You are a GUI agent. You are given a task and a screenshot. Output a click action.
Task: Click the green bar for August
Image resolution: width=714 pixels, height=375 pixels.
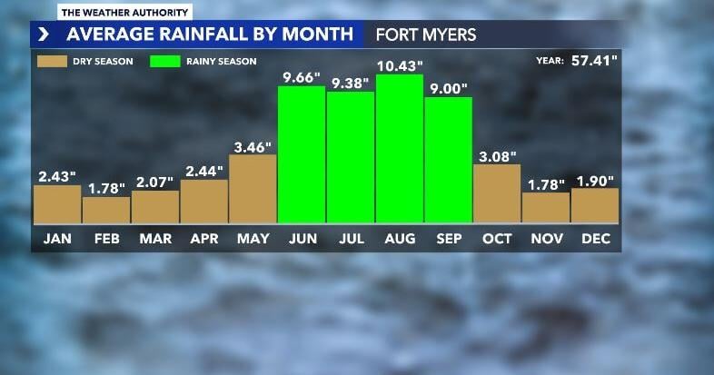(x=399, y=149)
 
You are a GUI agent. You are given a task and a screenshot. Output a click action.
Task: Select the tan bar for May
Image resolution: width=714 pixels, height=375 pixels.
(x=253, y=189)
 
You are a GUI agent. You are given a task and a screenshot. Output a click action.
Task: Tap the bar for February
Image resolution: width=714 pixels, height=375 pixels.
(x=105, y=210)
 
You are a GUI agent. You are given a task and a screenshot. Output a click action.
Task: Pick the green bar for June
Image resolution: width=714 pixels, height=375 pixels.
(x=301, y=154)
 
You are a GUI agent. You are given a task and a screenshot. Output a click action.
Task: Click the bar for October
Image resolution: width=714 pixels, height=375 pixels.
(x=497, y=193)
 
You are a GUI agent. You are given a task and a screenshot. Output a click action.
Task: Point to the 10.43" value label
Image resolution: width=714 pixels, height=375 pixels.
(x=400, y=65)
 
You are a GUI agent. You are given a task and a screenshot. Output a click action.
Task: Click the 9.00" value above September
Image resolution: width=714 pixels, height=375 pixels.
(x=449, y=88)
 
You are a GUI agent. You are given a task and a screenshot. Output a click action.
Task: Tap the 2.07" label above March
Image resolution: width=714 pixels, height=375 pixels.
(x=154, y=182)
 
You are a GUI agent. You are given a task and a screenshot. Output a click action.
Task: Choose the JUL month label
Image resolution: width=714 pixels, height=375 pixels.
(x=350, y=239)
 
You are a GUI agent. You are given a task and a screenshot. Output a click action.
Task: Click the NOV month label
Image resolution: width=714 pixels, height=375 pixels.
(x=546, y=239)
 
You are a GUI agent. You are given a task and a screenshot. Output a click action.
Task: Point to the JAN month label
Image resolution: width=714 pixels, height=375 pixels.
(x=57, y=239)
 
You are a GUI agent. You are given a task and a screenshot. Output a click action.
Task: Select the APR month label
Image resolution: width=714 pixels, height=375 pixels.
(x=203, y=239)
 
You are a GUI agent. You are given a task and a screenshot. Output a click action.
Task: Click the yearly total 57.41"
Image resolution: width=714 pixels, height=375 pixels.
(x=594, y=62)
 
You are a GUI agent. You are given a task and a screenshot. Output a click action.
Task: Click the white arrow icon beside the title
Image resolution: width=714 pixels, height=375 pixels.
(x=44, y=35)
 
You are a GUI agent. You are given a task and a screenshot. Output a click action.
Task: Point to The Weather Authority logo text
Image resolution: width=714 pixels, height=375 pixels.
(x=125, y=13)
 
